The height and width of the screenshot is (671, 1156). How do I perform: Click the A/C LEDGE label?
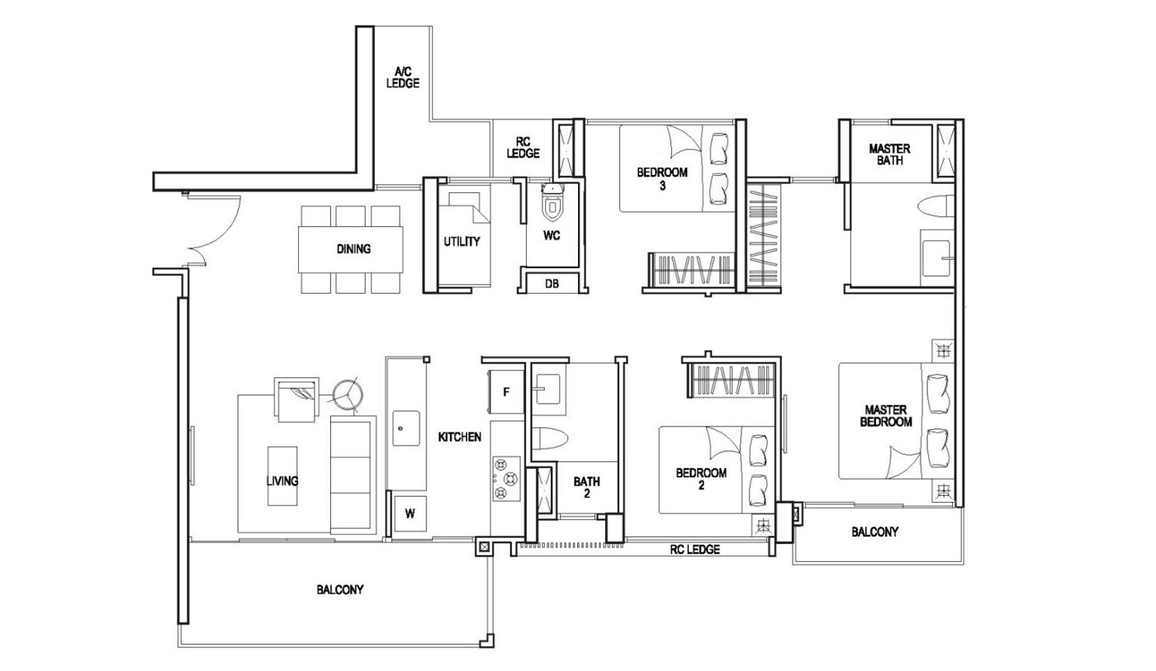tap(403, 78)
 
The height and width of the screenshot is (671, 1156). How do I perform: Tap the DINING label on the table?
tap(353, 248)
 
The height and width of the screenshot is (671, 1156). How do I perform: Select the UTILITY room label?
tap(462, 242)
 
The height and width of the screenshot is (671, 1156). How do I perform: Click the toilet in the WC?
tap(552, 206)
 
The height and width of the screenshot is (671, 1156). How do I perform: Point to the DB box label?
tap(552, 284)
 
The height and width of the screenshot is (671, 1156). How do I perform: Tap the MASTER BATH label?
tap(889, 154)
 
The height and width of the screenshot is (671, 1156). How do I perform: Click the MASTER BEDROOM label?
tap(887, 415)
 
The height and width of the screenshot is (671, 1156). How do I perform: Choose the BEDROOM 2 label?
tap(700, 479)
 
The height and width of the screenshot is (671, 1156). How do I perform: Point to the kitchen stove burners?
tap(505, 478)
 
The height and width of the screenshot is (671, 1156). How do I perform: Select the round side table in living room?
tap(347, 394)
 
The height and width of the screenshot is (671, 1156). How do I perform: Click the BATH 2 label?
tap(587, 487)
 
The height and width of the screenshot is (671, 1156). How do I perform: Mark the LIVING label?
tap(282, 480)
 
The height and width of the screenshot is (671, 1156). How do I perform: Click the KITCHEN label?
tap(459, 437)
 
